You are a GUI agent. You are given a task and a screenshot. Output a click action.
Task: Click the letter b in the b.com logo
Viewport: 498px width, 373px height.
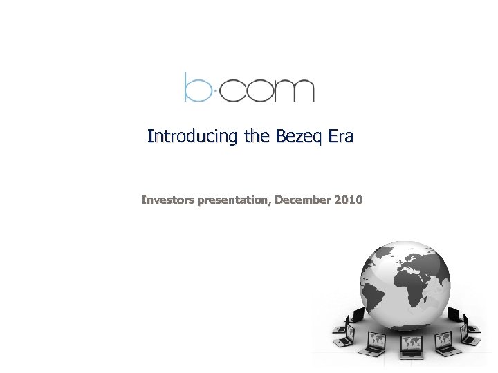(x=195, y=86)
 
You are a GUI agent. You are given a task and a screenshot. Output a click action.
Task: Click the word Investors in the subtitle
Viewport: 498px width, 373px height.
(x=168, y=201)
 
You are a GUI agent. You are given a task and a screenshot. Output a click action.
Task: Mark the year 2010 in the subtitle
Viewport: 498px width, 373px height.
(x=348, y=201)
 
